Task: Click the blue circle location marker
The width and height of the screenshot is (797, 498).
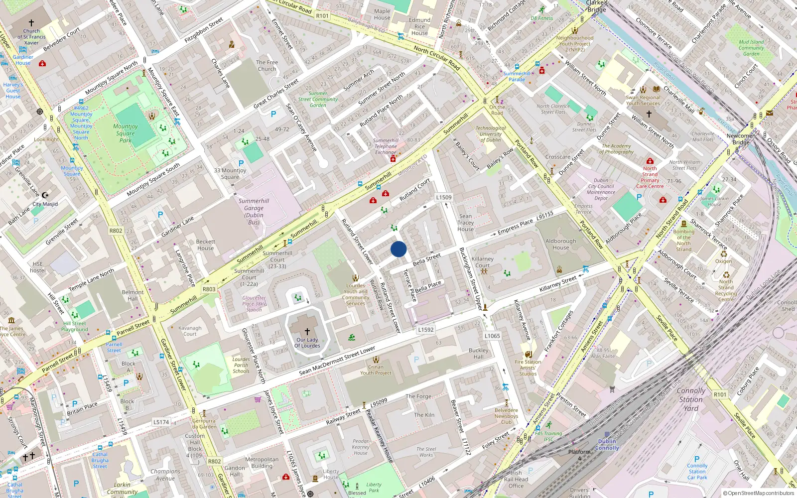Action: (398, 249)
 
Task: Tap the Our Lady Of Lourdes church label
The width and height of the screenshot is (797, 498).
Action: (307, 343)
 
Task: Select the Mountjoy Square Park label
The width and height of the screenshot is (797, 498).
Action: (126, 133)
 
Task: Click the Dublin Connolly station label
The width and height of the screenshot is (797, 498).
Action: (607, 445)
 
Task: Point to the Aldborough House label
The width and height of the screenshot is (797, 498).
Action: (560, 244)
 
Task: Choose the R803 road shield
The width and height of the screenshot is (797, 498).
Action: (209, 289)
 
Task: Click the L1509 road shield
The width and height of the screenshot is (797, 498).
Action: (444, 197)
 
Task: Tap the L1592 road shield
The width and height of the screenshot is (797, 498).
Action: (426, 330)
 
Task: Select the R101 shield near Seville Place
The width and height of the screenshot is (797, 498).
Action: (720, 394)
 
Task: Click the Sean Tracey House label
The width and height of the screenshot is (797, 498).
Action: (466, 223)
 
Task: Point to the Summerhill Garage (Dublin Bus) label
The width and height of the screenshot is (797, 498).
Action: (254, 212)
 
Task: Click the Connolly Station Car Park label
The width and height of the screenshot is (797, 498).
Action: (697, 471)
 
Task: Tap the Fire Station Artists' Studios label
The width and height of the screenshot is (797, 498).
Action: (528, 368)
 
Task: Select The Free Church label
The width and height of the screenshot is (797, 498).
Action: (267, 66)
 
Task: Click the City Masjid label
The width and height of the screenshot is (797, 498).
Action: (45, 204)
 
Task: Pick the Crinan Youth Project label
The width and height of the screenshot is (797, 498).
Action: (376, 370)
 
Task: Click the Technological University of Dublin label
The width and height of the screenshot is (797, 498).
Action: (491, 134)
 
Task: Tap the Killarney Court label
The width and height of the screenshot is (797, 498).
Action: (482, 262)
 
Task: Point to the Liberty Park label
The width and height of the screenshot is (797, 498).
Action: (374, 488)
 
